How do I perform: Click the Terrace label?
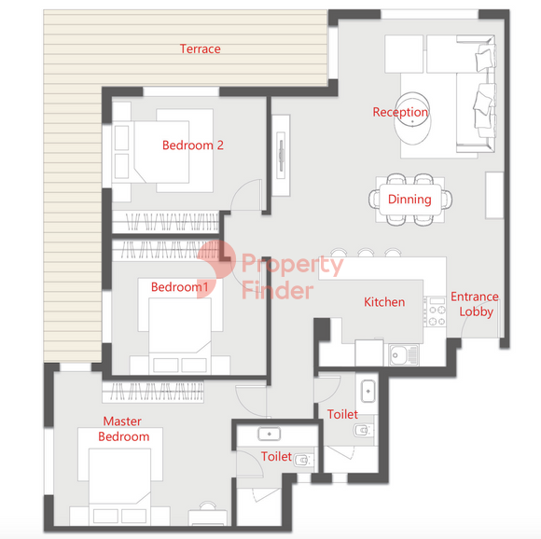coord(201,49)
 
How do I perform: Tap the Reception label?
coord(400,112)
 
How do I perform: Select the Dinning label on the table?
coord(409,200)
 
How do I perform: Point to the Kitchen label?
coord(384,302)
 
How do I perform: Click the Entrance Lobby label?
coord(475,304)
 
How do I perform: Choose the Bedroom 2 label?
coord(193,145)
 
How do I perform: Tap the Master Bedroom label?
coord(123,429)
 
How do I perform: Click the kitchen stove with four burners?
coord(435,311)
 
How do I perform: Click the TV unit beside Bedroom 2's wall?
coord(281,155)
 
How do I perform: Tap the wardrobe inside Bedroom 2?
coord(166,221)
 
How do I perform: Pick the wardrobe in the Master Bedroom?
coord(153,392)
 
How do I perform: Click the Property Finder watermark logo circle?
coord(216,259)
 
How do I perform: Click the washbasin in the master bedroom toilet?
coord(270,435)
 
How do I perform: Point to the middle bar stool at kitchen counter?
coord(366,252)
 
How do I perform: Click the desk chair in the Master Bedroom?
coord(208,505)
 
